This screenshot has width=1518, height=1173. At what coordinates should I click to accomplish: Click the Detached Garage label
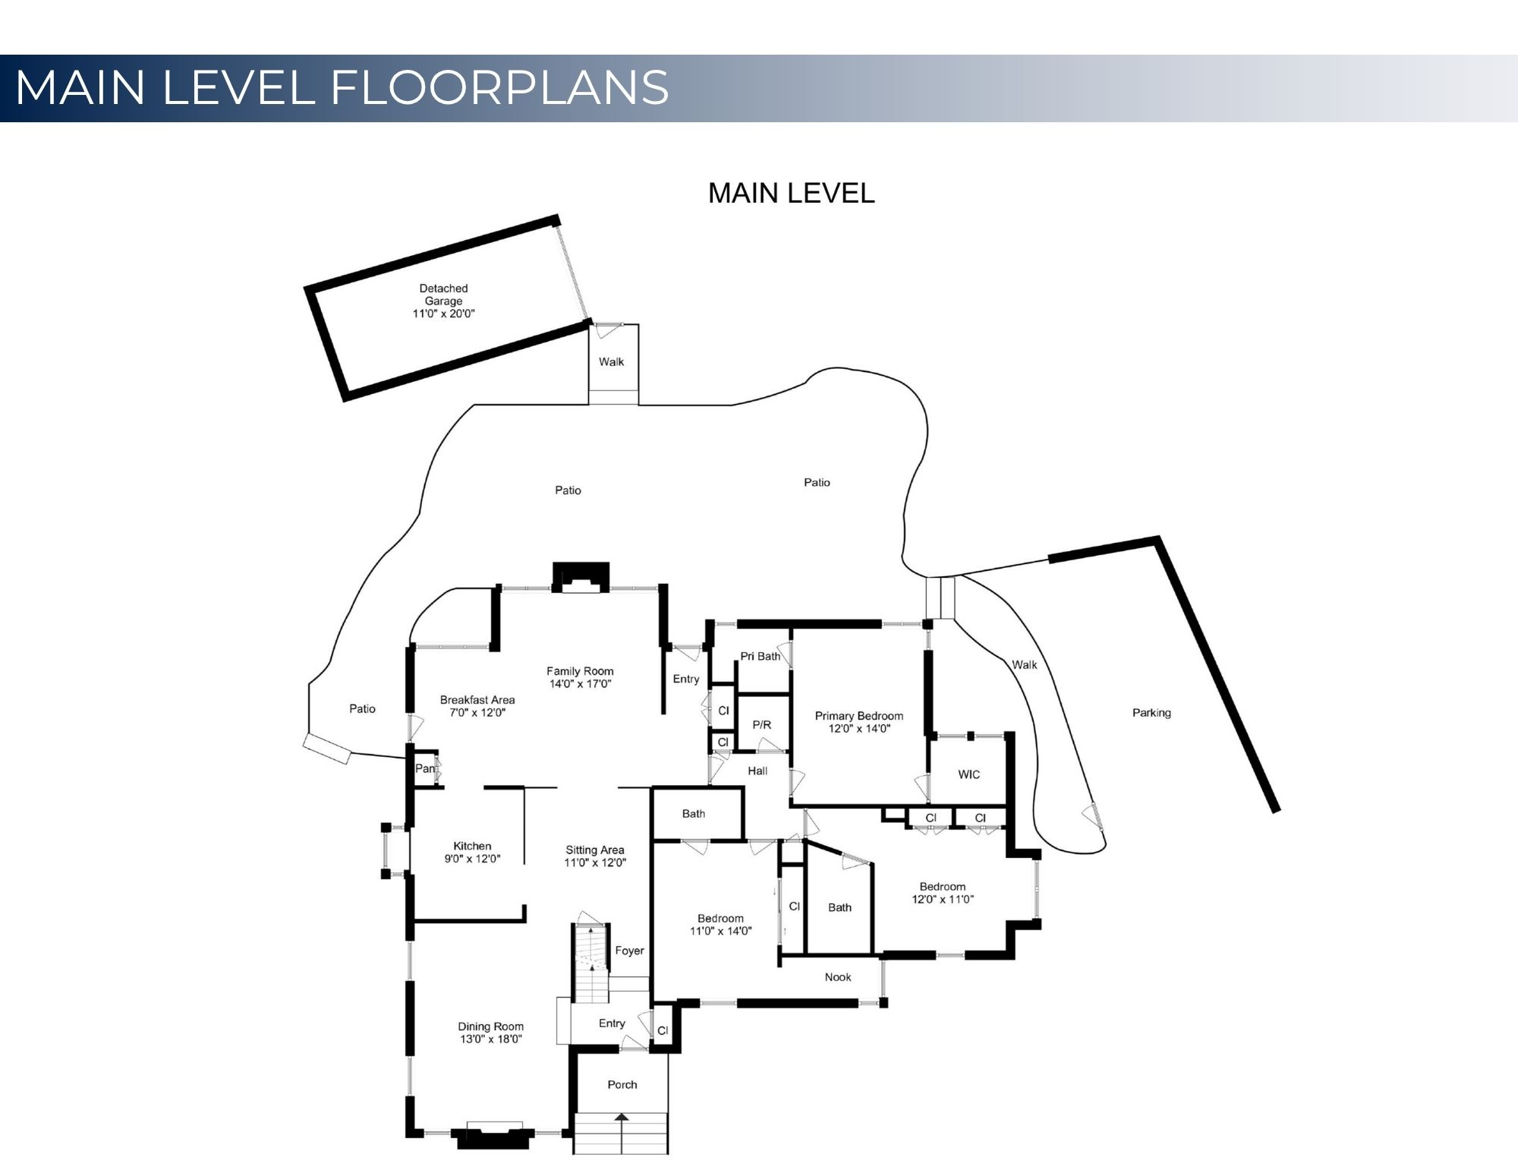(443, 301)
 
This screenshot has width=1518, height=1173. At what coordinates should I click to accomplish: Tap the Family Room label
(580, 677)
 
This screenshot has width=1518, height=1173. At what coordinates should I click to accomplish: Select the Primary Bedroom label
(859, 722)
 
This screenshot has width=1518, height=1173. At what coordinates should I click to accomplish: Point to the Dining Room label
(491, 1033)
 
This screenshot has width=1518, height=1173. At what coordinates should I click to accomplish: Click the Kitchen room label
(473, 853)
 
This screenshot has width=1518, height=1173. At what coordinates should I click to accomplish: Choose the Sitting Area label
(595, 856)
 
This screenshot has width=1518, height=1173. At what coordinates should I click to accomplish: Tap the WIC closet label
(969, 774)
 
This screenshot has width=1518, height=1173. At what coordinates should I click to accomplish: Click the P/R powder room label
(762, 725)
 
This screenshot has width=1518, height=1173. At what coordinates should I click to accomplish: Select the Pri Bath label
(761, 656)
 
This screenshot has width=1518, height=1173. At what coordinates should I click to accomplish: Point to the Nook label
(838, 977)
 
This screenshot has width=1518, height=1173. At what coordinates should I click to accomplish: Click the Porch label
(622, 1084)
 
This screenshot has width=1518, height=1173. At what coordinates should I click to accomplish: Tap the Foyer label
(629, 951)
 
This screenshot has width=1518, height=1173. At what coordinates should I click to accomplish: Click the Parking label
(1151, 713)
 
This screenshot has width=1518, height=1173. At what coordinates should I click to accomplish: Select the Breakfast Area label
(477, 706)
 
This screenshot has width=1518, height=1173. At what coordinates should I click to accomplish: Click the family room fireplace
(581, 576)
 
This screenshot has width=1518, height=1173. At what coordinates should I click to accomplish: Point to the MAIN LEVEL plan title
(792, 193)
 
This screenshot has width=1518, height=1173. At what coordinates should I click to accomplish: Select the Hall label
(757, 771)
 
